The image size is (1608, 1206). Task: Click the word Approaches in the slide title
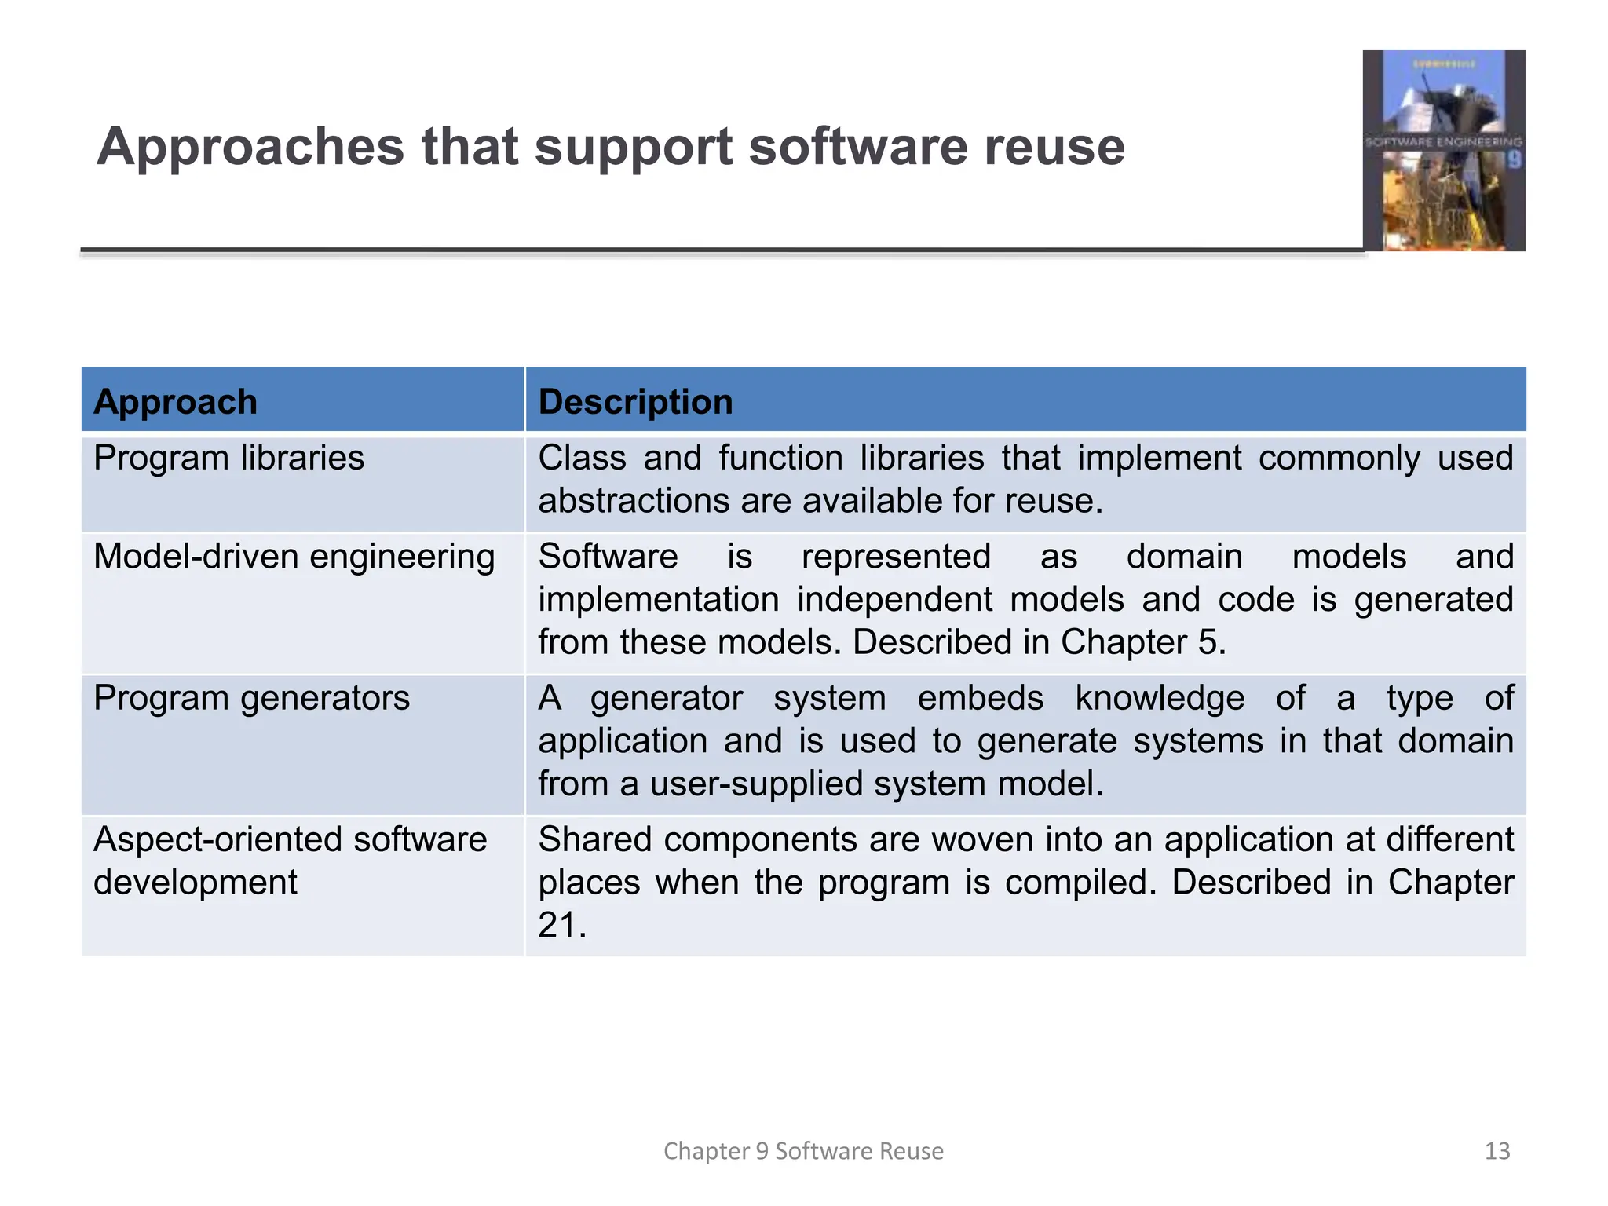point(250,147)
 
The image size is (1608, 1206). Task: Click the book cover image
point(1443,151)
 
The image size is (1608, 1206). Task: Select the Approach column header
point(175,402)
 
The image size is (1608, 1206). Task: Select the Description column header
point(635,402)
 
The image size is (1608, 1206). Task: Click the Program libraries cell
point(228,458)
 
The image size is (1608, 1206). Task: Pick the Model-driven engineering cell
point(294,557)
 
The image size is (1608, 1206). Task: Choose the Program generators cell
point(251,698)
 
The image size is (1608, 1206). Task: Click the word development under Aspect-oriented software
point(195,883)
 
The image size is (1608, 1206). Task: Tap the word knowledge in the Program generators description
point(1159,698)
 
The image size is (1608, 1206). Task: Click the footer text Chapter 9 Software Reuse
point(803,1151)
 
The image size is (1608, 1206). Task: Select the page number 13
point(1497,1151)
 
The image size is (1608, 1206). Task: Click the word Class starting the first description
point(582,458)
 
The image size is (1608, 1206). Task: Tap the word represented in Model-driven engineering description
point(896,557)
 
